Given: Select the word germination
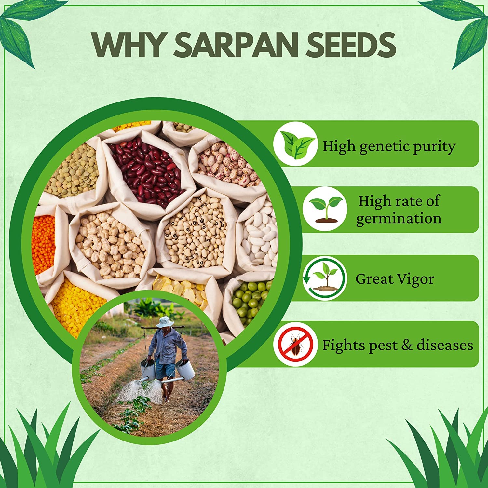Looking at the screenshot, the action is click(x=399, y=218).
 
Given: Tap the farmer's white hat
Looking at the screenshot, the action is click(x=163, y=321).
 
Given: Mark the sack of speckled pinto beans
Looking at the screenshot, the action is click(x=228, y=166).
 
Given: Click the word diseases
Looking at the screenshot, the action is click(x=445, y=345).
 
